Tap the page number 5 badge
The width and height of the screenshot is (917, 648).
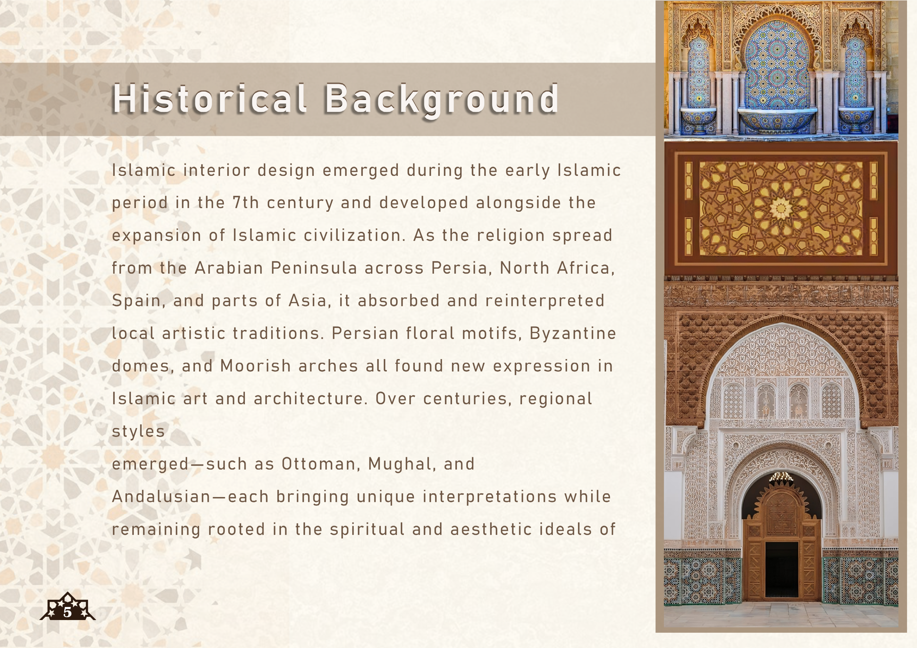(x=67, y=606)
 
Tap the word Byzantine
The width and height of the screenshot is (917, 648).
(x=573, y=334)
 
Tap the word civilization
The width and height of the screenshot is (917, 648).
(x=353, y=236)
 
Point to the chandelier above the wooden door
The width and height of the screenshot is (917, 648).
(x=781, y=476)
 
